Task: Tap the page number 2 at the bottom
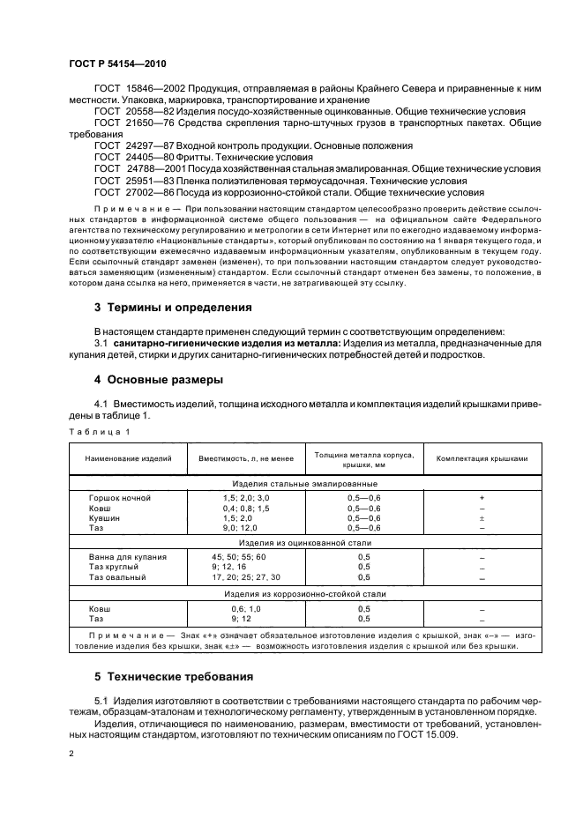(71, 754)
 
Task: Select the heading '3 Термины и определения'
(173, 308)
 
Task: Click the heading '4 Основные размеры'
(158, 379)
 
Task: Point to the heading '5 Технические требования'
(175, 677)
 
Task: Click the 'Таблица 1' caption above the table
(99, 431)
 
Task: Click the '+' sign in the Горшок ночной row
(482, 498)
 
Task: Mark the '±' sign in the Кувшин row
(482, 518)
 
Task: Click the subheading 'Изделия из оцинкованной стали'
(304, 543)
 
